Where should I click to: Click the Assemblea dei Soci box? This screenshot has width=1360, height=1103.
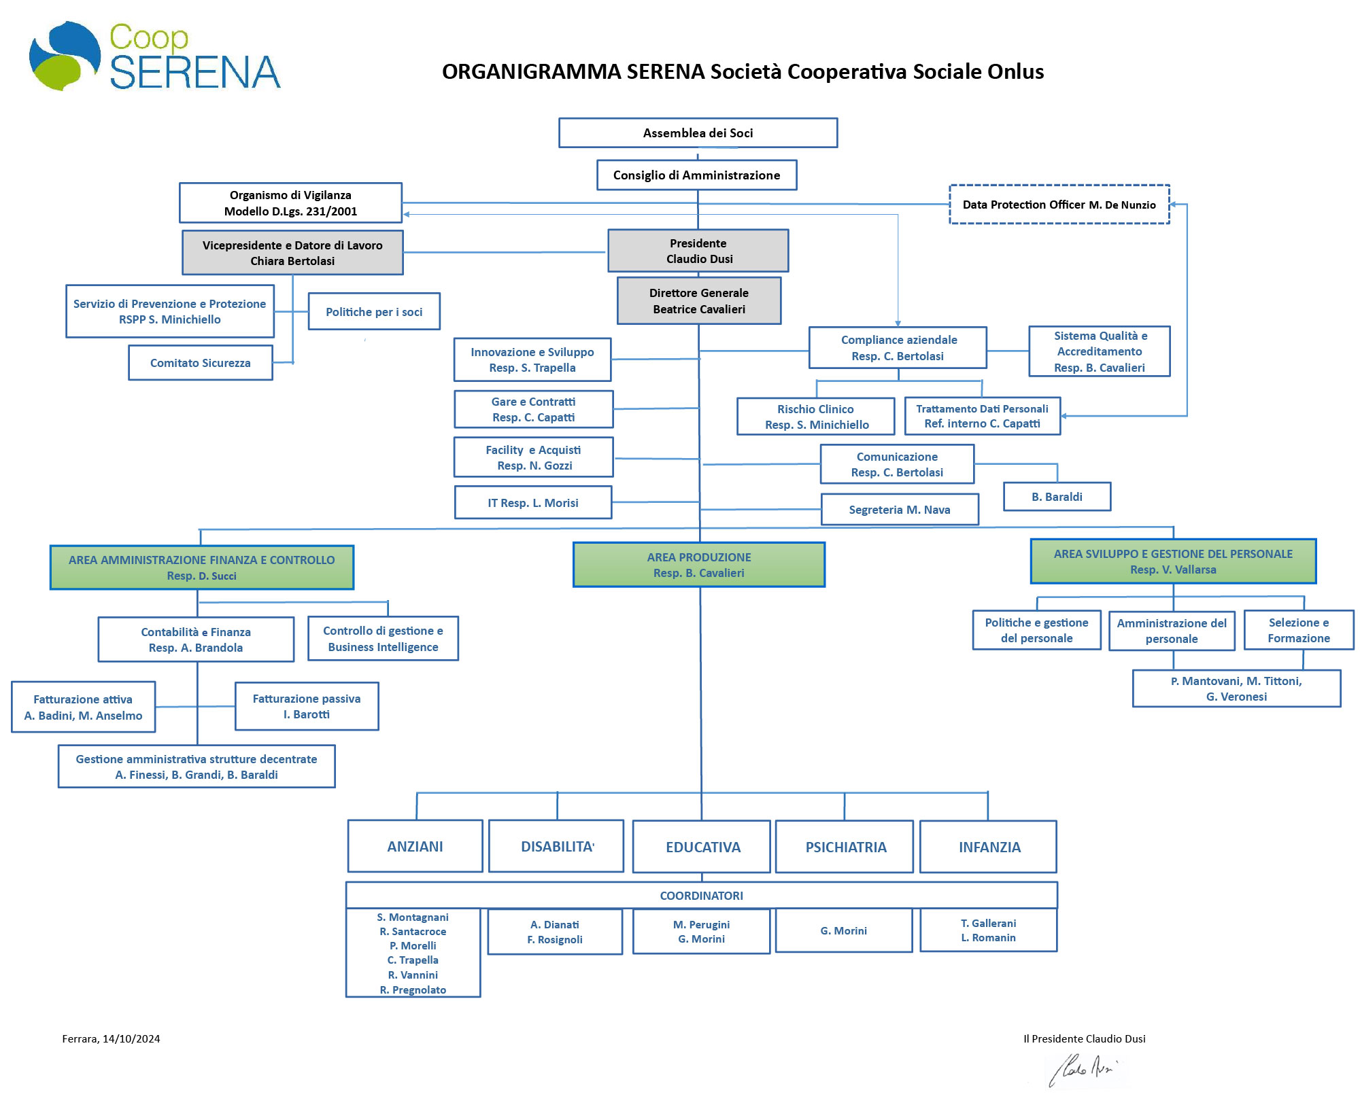(698, 133)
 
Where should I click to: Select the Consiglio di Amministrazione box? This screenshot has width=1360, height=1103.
(696, 175)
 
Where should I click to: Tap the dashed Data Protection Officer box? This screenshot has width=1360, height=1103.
(1059, 205)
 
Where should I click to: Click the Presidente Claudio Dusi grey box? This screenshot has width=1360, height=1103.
(698, 251)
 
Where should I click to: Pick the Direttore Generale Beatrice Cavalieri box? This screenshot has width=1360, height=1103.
(698, 300)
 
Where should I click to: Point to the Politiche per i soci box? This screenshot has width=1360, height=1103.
(374, 312)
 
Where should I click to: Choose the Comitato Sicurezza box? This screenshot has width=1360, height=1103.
(201, 363)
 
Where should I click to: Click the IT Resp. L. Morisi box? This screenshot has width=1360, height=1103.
(533, 503)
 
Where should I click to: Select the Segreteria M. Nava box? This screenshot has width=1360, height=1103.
(900, 510)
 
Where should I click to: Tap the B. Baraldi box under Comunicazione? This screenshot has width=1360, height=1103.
(1057, 497)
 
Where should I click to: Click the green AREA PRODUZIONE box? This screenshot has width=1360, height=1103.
(698, 565)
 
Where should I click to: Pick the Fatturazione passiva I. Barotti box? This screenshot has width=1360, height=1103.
(307, 706)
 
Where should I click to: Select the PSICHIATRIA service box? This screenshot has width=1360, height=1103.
(845, 847)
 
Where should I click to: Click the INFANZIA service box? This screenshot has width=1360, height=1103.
(989, 847)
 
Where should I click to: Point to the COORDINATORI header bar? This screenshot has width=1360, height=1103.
(701, 896)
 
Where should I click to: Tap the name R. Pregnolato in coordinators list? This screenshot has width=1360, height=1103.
(413, 990)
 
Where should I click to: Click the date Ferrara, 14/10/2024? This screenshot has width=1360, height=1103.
(111, 1038)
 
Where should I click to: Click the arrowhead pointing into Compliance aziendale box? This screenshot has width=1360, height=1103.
(898, 323)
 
